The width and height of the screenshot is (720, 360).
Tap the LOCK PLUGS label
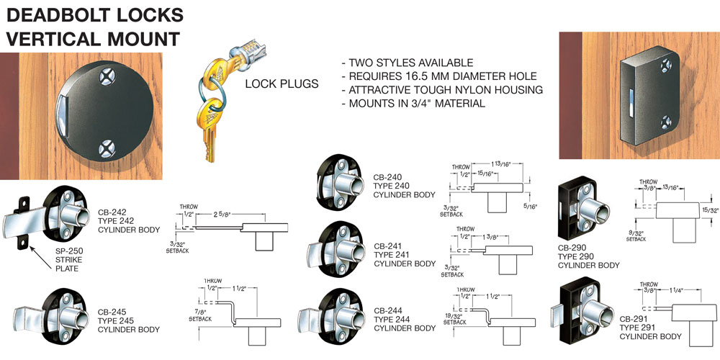tap(282, 84)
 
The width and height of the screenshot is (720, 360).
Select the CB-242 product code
tap(112, 212)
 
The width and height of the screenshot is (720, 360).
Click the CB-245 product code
tap(112, 312)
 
